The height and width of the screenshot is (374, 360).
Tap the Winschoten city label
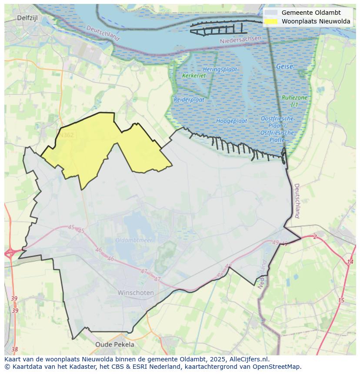point(136,293)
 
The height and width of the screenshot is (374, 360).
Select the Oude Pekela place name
point(115,344)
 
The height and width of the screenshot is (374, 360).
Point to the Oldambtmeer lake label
point(134,240)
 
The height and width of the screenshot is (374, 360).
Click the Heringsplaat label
point(220,70)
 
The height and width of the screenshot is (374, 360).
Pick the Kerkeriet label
point(194,76)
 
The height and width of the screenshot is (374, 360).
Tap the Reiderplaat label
point(189,99)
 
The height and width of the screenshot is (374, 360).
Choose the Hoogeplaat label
point(231,121)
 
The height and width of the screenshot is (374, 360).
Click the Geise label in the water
point(284,66)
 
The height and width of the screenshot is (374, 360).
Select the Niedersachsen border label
point(241,40)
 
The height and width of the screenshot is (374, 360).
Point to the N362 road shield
point(67,135)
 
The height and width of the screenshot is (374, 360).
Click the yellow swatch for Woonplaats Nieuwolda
point(270,21)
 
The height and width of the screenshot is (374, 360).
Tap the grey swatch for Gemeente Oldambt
point(270,13)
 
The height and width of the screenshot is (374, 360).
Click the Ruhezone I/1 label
point(294,101)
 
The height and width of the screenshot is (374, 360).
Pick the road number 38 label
point(15,349)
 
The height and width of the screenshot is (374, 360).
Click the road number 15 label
point(341,300)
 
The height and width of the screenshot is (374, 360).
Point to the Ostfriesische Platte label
point(277,129)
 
